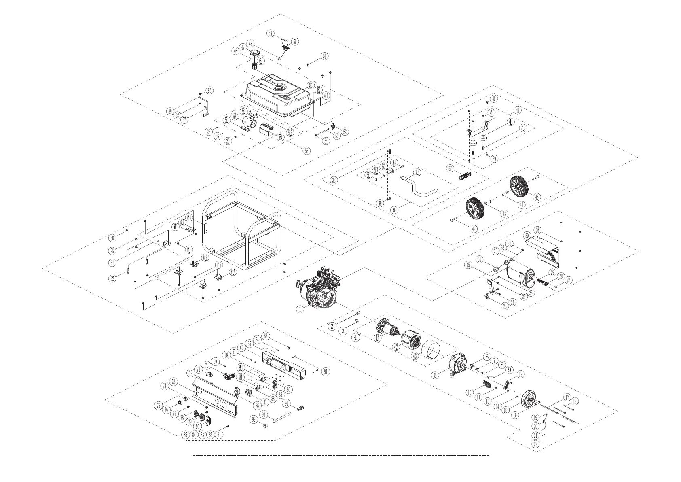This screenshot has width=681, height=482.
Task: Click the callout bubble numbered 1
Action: tap(300, 309)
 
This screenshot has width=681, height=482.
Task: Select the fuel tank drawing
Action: tap(279, 96)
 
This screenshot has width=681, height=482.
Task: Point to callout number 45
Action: tap(537, 197)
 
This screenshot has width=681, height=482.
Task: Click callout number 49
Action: tap(271, 33)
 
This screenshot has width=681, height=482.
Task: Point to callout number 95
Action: tap(209, 90)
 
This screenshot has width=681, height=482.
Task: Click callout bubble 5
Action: tap(435, 375)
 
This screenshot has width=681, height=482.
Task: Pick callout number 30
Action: tap(527, 235)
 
